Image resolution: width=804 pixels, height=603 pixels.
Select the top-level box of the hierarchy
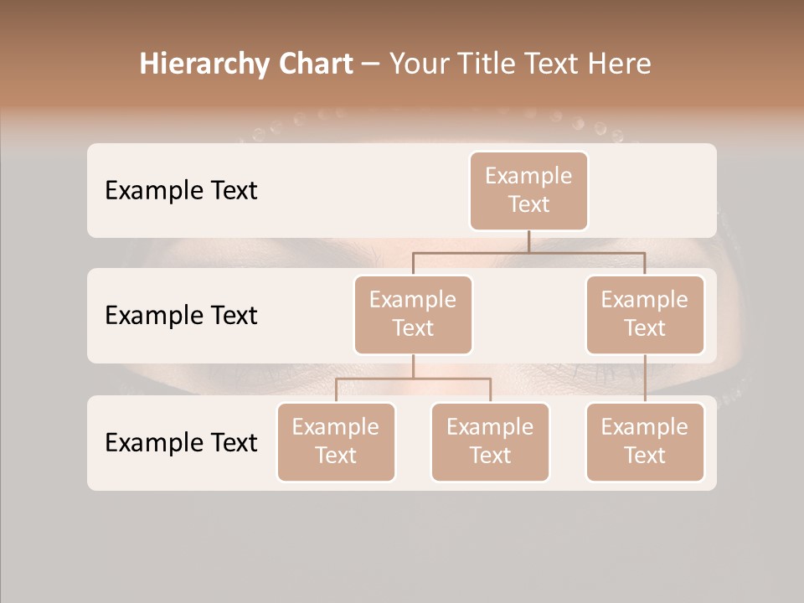(x=528, y=191)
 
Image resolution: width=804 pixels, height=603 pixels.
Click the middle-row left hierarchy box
(x=413, y=315)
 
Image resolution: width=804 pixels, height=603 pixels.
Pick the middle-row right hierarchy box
(x=645, y=315)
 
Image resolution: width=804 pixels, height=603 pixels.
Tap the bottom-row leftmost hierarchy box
(x=336, y=442)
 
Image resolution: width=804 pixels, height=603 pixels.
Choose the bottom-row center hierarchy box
(x=490, y=442)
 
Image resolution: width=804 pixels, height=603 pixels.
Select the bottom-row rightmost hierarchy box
(x=645, y=442)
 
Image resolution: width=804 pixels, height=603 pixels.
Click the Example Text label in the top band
(x=181, y=191)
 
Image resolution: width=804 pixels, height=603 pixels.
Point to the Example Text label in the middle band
(x=181, y=316)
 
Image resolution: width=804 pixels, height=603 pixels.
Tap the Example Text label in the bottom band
(x=181, y=443)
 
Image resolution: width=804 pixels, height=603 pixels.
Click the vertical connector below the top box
(x=528, y=240)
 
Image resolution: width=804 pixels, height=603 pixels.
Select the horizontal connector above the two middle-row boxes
(x=528, y=251)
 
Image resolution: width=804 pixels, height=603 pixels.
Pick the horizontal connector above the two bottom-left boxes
(x=413, y=379)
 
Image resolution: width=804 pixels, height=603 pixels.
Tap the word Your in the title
(x=419, y=64)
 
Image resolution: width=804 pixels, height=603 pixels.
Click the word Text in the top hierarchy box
(x=528, y=204)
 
